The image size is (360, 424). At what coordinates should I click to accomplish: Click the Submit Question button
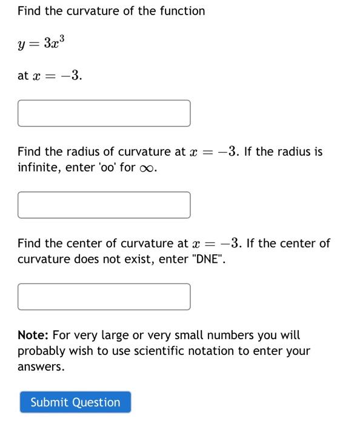[x=75, y=402]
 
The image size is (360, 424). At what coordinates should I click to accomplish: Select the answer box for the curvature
[x=104, y=113]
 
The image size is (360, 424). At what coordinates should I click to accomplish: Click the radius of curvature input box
[x=104, y=205]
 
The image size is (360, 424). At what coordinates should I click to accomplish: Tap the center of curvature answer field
[x=104, y=297]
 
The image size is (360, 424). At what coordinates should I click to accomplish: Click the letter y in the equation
[x=22, y=45]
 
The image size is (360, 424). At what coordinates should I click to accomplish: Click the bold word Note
[x=32, y=335]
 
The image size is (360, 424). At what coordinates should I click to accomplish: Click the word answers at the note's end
[x=40, y=367]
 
